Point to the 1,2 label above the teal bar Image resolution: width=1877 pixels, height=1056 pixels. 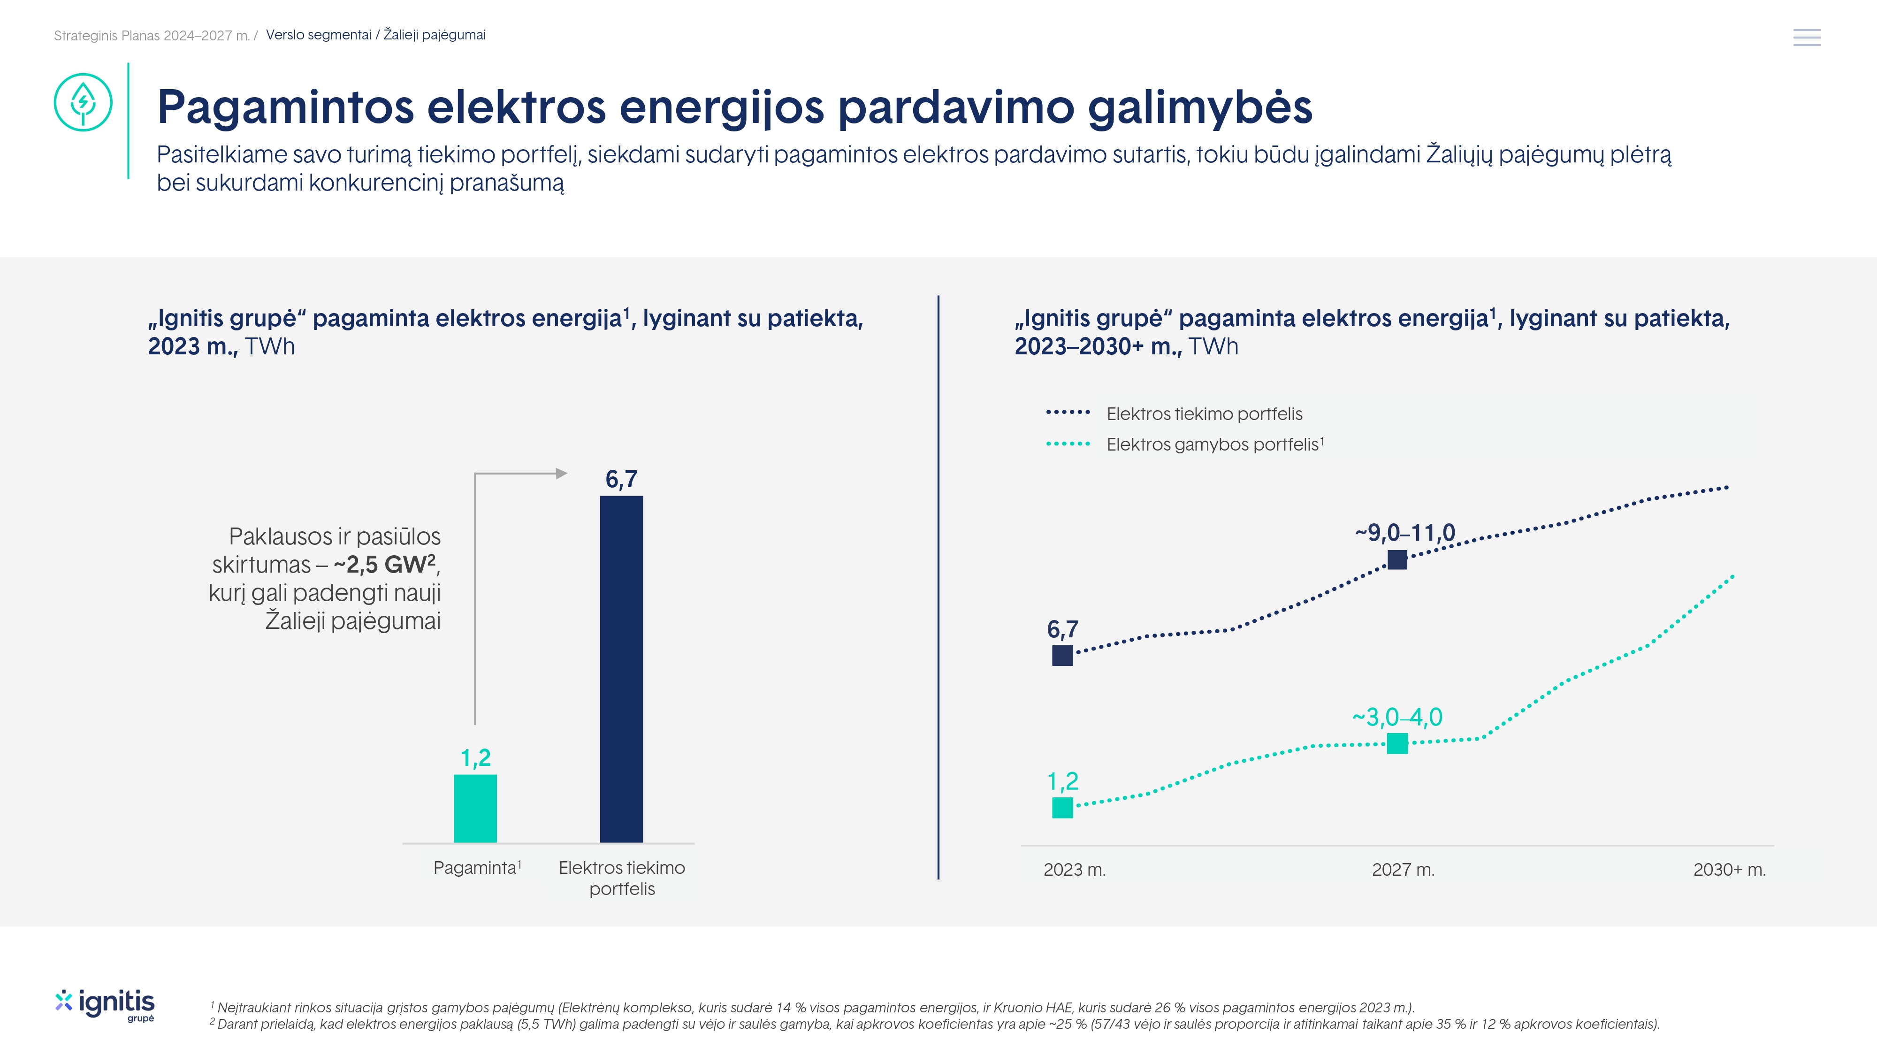coord(475,758)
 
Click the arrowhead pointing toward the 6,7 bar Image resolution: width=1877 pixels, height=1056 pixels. coord(561,474)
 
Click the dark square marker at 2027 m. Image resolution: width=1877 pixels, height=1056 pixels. coord(1397,560)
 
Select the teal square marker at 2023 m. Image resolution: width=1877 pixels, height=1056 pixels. coord(1062,807)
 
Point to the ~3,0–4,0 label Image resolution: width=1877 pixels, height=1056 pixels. coord(1397,717)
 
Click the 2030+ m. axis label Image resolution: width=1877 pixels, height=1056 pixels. coord(1729,869)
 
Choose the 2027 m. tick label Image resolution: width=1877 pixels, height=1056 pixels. coord(1403,869)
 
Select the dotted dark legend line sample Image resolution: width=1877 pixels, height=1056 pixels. coord(1068,413)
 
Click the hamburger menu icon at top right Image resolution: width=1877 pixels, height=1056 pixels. coord(1806,37)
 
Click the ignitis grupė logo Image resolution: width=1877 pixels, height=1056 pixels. coord(105,1005)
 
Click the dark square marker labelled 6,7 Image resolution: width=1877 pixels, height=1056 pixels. coord(1062,655)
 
